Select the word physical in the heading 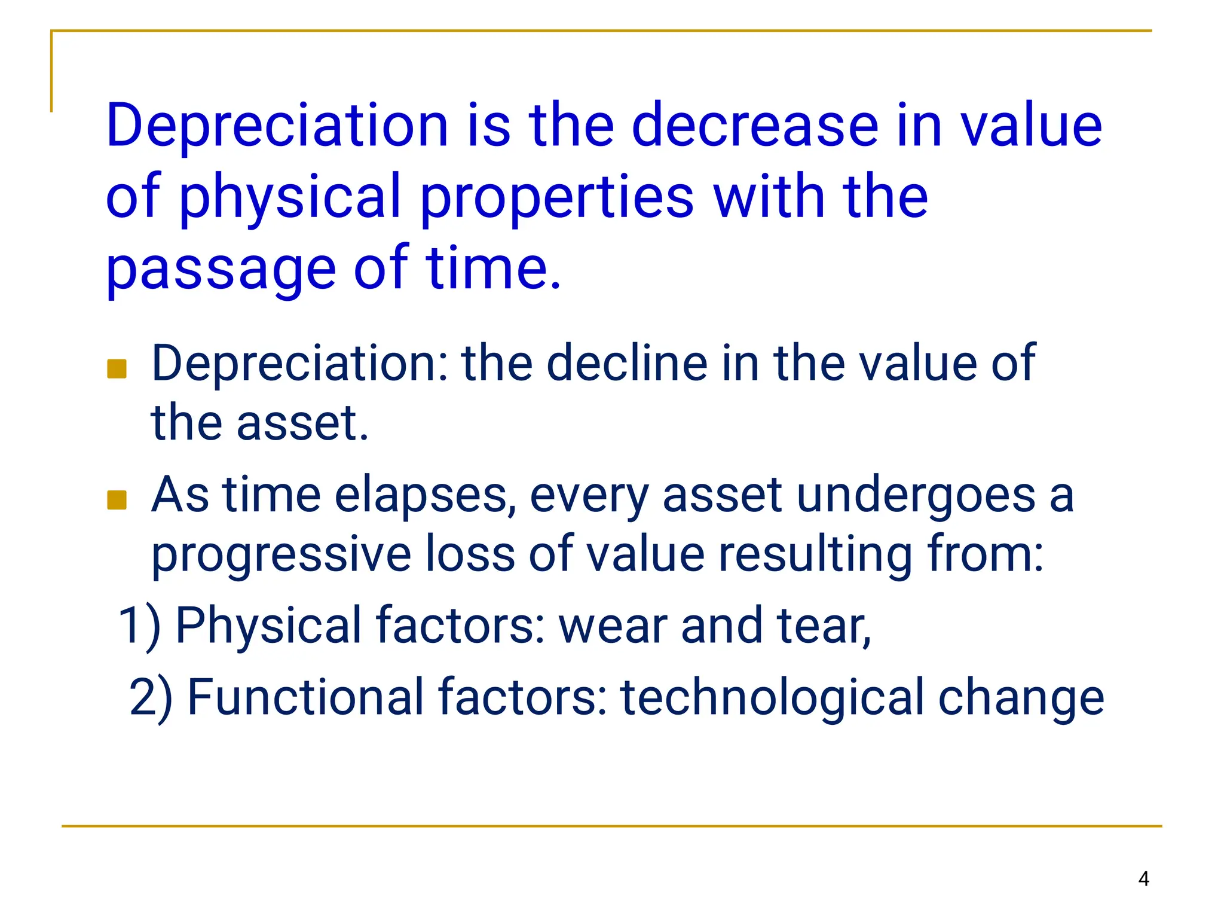pyautogui.click(x=289, y=197)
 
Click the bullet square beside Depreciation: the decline pyautogui.click(x=117, y=369)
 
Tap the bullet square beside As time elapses pyautogui.click(x=117, y=500)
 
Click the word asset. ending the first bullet pyautogui.click(x=302, y=423)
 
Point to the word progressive pyautogui.click(x=281, y=554)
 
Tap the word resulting pyautogui.click(x=815, y=554)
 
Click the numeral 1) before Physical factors pyautogui.click(x=139, y=626)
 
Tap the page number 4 pyautogui.click(x=1143, y=879)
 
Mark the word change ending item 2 pyautogui.click(x=1021, y=697)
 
